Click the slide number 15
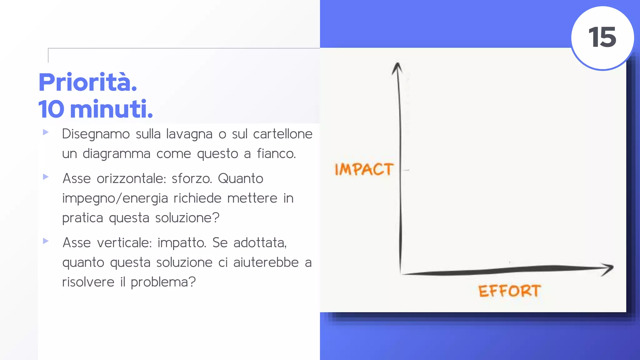point(602,37)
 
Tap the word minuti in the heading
point(111,109)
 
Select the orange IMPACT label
point(364,169)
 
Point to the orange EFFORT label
point(509,291)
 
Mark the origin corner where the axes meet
point(401,273)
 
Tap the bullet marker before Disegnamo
point(46,132)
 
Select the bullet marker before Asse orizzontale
point(46,177)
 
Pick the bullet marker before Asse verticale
point(46,241)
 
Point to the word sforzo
point(192,179)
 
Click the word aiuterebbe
point(266,262)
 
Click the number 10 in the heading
point(51,109)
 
